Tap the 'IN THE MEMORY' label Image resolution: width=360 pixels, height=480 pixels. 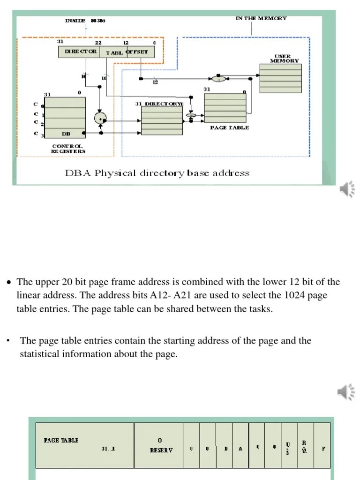click(261, 18)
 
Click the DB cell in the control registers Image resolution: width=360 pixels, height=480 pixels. click(66, 134)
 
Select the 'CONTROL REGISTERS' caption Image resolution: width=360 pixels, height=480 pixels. click(68, 149)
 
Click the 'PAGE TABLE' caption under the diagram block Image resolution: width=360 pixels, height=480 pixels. click(229, 127)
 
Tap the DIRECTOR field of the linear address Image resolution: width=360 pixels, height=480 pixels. click(78, 51)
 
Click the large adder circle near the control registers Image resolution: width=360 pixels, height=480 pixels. click(100, 119)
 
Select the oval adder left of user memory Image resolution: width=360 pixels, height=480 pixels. click(218, 79)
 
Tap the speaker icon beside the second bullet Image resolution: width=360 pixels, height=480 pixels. click(345, 392)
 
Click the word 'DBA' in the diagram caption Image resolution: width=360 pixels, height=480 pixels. click(78, 173)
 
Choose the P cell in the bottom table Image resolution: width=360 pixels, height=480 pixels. click(322, 448)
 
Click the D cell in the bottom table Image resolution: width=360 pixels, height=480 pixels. click(225, 449)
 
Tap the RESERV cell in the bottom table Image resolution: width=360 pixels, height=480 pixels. click(159, 445)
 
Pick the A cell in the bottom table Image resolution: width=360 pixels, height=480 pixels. click(240, 449)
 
